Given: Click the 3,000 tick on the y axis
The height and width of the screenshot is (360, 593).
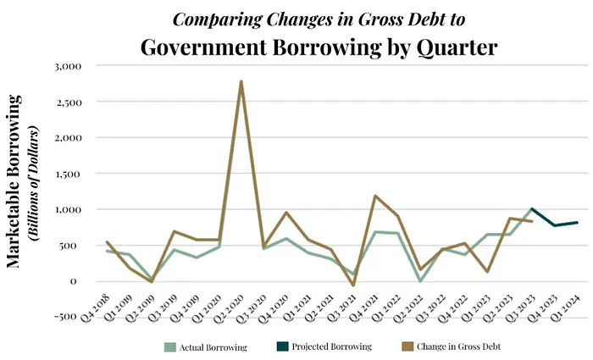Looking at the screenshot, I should click(65, 65).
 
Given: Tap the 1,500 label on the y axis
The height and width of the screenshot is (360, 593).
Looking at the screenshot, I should click(65, 173).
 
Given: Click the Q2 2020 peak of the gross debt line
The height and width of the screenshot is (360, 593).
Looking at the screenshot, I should click(241, 81).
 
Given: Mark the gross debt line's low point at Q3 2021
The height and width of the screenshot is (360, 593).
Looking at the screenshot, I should click(354, 285).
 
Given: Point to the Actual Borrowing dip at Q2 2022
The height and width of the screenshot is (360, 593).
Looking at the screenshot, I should click(421, 280).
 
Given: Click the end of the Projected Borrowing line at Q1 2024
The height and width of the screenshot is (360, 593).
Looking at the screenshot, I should click(577, 223).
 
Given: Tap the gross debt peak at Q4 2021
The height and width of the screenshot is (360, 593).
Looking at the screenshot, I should click(375, 196).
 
